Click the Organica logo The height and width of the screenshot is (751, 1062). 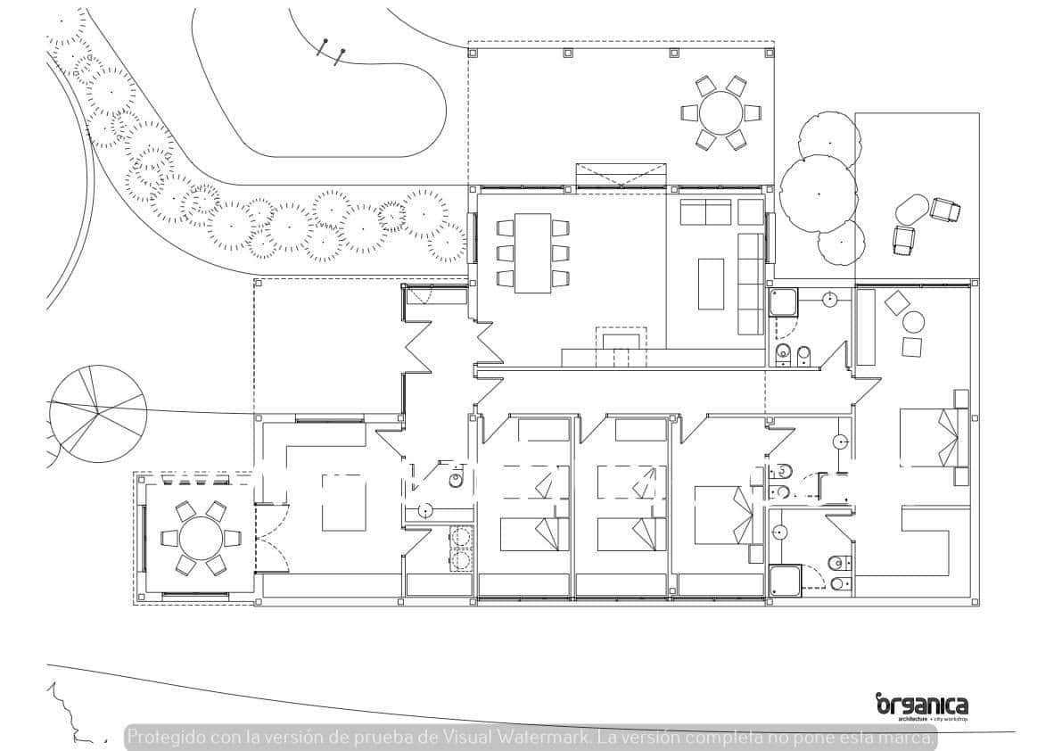921,706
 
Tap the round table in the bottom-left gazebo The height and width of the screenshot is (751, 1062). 201,538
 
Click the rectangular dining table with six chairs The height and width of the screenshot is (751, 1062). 533,252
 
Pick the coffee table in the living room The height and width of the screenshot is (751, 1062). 711,284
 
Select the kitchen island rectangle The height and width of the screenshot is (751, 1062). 343,503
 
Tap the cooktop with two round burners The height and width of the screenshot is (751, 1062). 462,548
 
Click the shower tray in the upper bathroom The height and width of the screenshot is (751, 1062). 783,305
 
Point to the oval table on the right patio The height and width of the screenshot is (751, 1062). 911,210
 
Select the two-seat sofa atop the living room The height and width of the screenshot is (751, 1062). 705,211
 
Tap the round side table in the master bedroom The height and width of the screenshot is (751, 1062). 914,322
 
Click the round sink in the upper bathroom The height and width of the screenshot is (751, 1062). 829,300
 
